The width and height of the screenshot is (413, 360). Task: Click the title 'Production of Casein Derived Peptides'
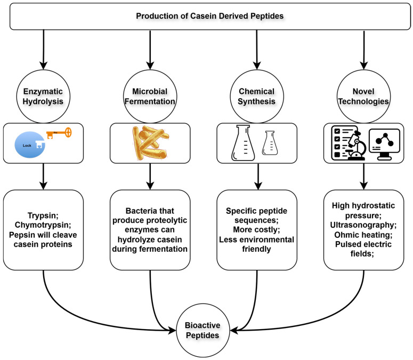click(x=209, y=15)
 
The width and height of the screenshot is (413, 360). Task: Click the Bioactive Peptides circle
click(x=204, y=331)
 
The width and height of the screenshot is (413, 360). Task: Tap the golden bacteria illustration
click(x=150, y=143)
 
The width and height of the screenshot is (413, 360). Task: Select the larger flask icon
click(x=242, y=142)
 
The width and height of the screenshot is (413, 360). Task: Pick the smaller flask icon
click(x=272, y=145)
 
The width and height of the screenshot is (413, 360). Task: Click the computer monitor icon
click(x=383, y=143)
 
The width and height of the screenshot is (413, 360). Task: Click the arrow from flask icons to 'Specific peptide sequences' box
click(x=257, y=176)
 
